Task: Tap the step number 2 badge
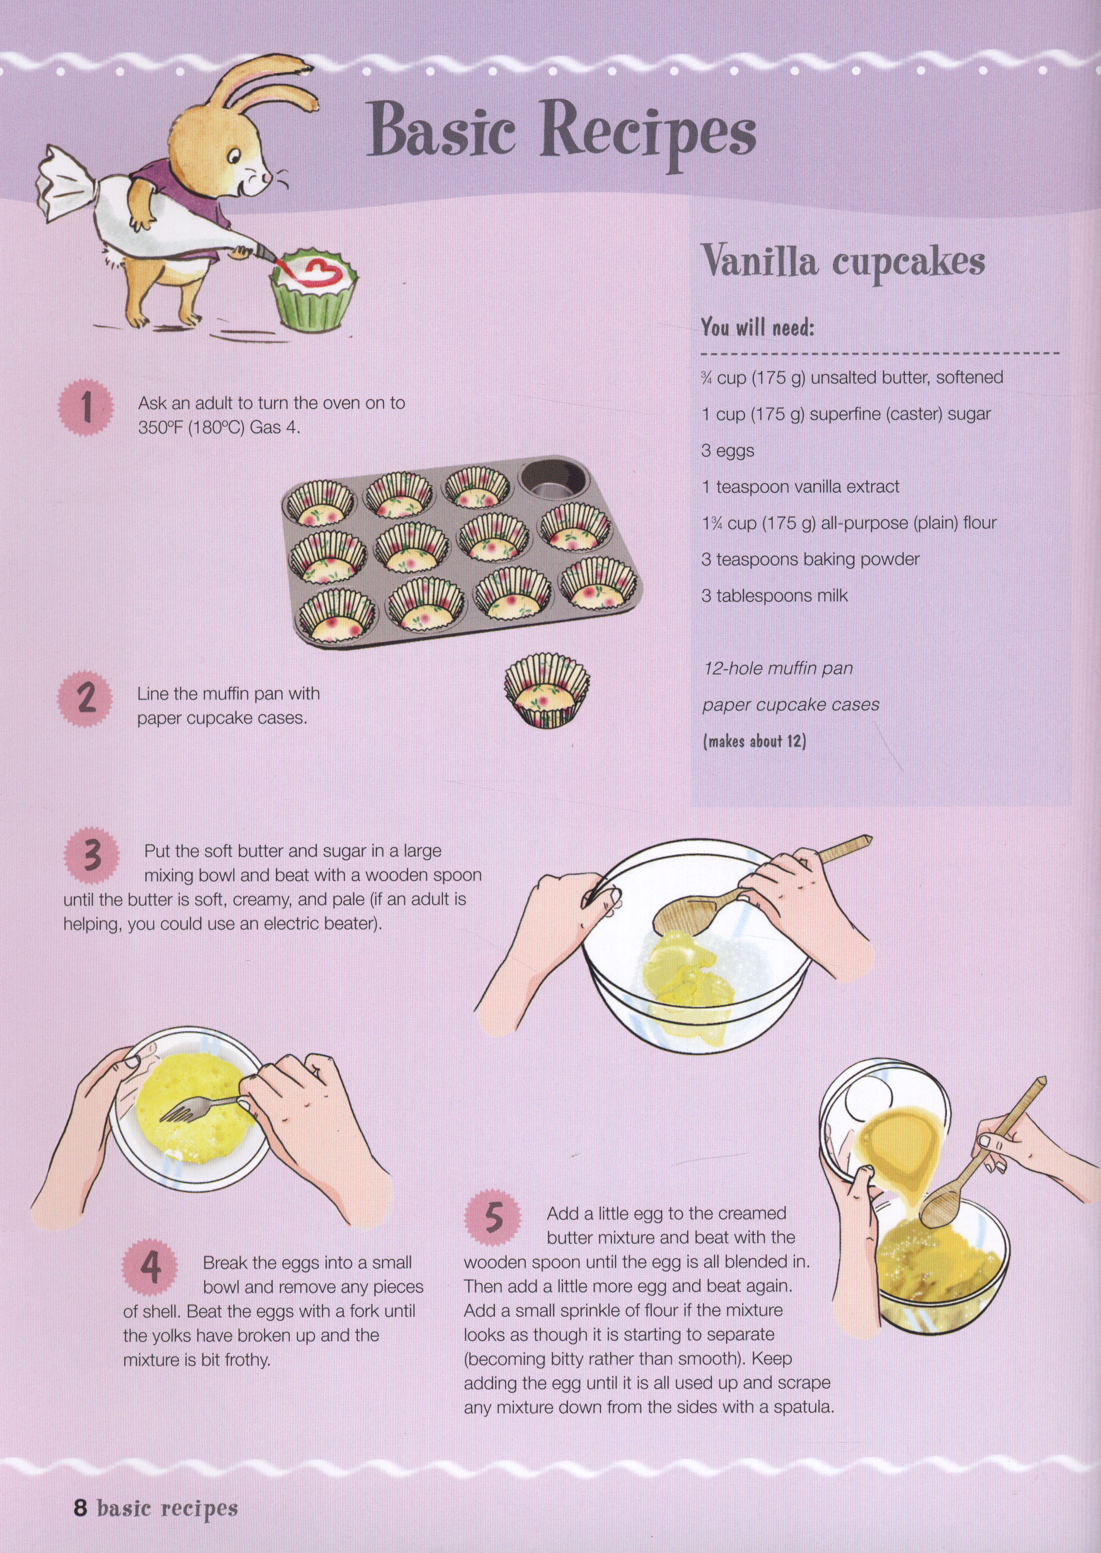point(86,698)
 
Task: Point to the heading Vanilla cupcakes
point(842,262)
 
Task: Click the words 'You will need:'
point(757,328)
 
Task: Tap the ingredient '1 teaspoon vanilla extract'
point(801,487)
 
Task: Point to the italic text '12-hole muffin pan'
point(777,669)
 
